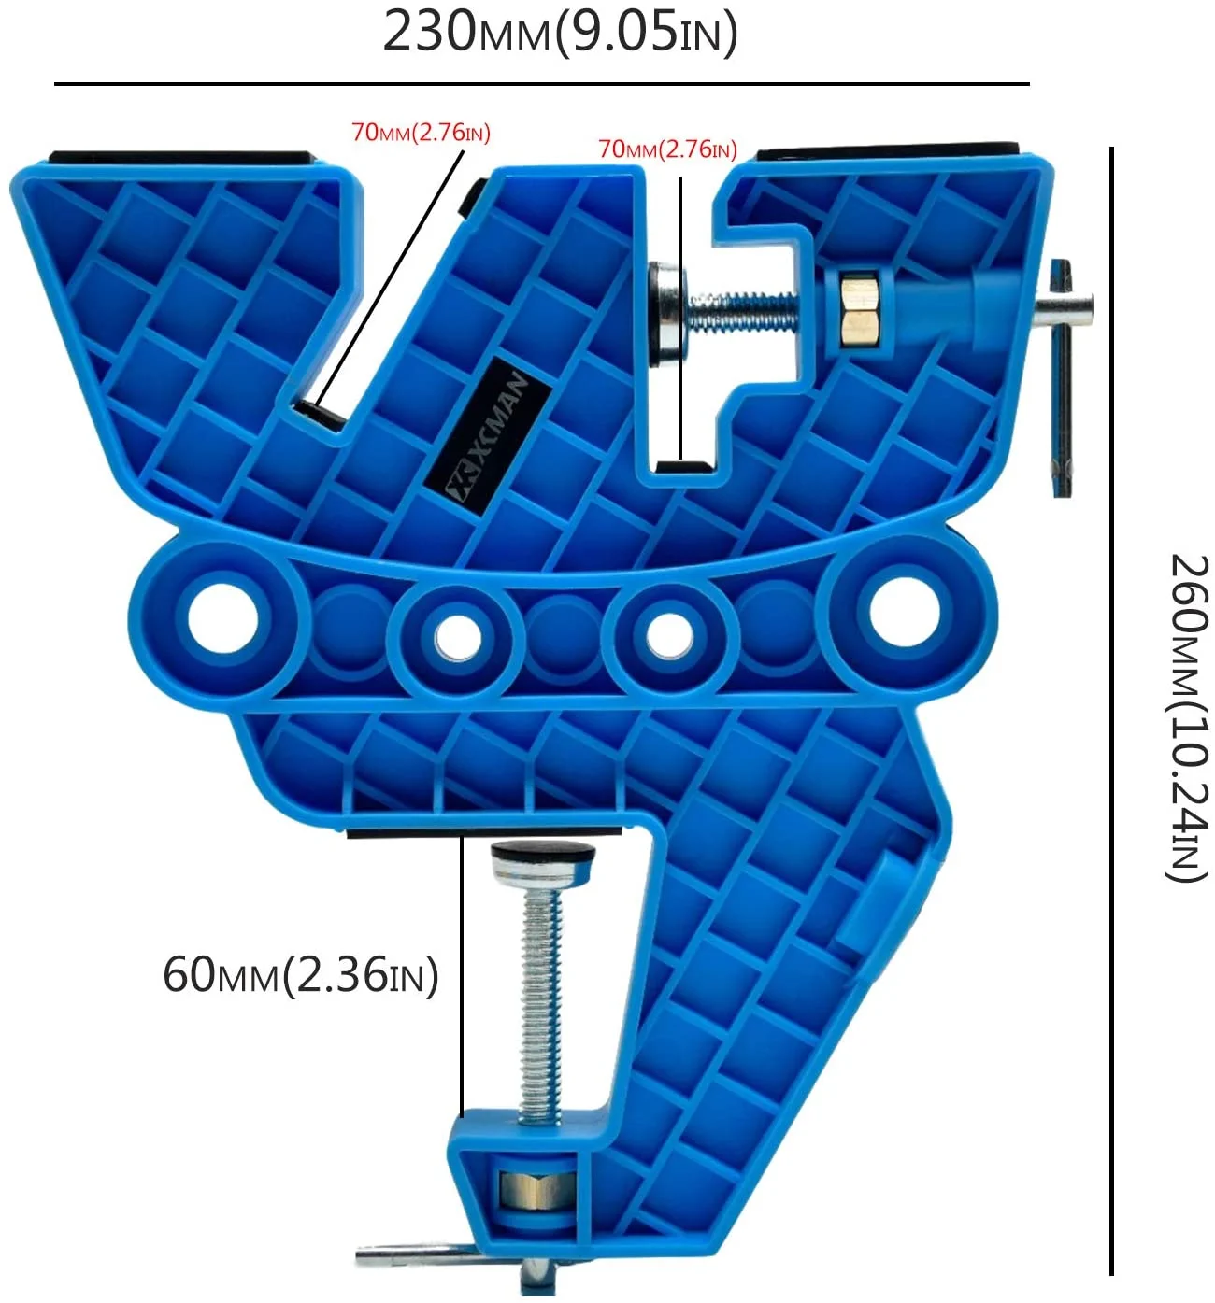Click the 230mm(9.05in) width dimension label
pyautogui.click(x=559, y=33)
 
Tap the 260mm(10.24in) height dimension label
pyautogui.click(x=1189, y=717)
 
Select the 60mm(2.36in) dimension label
pyautogui.click(x=300, y=975)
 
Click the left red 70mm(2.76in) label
pyautogui.click(x=421, y=133)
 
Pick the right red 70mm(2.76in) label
pyautogui.click(x=667, y=149)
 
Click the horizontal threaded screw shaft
pyautogui.click(x=743, y=310)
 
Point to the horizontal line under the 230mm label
pyautogui.click(x=542, y=84)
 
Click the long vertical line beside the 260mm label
pyautogui.click(x=1111, y=710)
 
